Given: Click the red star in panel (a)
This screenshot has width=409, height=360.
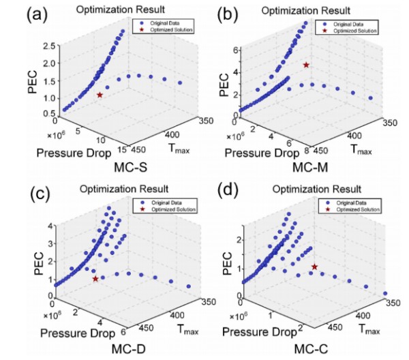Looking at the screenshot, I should click(100, 95).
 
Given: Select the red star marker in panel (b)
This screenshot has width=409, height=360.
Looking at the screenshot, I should click(306, 65).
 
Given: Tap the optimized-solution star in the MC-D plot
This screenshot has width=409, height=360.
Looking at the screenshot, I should click(95, 278).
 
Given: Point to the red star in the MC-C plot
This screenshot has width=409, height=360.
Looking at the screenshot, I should click(315, 267).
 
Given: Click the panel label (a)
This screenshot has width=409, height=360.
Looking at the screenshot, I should click(20, 14).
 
